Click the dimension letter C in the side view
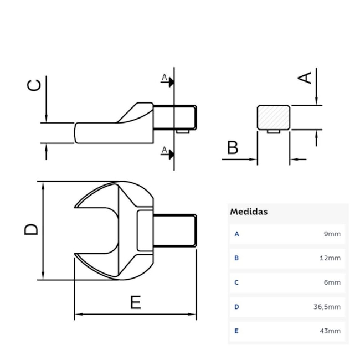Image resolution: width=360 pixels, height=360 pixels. coord(34,85)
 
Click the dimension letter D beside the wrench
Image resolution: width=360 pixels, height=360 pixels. coord(32,229)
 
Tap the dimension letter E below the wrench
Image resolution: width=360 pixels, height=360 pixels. coord(135,302)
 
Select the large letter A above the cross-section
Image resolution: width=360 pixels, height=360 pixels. coord(305,77)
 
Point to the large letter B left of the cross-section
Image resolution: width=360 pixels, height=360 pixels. coord(233,148)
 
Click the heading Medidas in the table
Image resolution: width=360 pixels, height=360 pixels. coord(249,212)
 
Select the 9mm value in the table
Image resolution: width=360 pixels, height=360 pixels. coord(332,234)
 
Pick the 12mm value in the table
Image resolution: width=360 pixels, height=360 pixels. coord(330,258)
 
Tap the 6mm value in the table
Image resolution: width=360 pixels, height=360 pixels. coord(332,282)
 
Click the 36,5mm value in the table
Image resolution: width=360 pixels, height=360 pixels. coord(327,307)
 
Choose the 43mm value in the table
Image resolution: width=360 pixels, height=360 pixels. coord(330,331)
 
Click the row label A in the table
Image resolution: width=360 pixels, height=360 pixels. coord(237,234)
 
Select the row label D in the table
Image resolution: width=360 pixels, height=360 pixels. coord(237,307)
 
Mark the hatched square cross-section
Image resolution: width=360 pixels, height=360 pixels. coord(274,117)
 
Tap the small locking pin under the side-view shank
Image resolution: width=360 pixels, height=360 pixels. coord(182,132)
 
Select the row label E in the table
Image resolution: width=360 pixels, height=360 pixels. coord(237,331)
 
